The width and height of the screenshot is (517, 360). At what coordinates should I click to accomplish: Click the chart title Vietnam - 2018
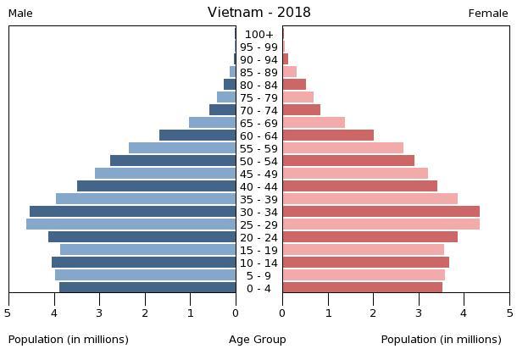click(x=258, y=13)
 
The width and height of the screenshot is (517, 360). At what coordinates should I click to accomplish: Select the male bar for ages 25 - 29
click(x=131, y=224)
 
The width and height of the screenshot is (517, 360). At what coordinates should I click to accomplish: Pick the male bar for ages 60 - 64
click(x=197, y=136)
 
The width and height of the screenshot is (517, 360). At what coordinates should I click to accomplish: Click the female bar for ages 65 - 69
click(x=314, y=123)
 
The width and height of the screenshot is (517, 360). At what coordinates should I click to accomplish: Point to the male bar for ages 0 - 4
click(x=147, y=288)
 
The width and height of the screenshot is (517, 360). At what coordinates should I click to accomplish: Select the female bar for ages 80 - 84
click(x=294, y=85)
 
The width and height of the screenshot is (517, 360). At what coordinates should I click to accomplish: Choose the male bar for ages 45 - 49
click(x=165, y=174)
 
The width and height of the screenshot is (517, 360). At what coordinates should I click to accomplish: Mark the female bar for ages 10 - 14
click(x=365, y=263)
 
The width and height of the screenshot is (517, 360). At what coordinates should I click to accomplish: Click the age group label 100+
click(x=258, y=35)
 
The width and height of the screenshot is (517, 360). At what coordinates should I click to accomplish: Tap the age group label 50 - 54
click(x=258, y=162)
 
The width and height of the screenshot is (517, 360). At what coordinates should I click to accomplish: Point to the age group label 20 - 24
click(x=258, y=238)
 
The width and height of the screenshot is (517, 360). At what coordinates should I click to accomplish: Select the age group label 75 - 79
click(x=258, y=98)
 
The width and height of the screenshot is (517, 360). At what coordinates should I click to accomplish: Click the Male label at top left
click(x=20, y=14)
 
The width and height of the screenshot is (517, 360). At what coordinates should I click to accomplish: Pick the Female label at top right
click(x=488, y=14)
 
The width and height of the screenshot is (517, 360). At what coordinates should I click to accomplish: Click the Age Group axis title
click(x=258, y=340)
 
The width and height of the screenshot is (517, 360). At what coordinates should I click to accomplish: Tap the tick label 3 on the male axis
click(x=99, y=312)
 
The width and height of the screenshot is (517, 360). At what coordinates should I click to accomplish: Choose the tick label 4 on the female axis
click(x=464, y=312)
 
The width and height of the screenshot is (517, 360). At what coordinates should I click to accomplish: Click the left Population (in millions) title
click(x=69, y=340)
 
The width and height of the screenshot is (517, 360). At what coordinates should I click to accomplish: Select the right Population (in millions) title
click(x=441, y=340)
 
